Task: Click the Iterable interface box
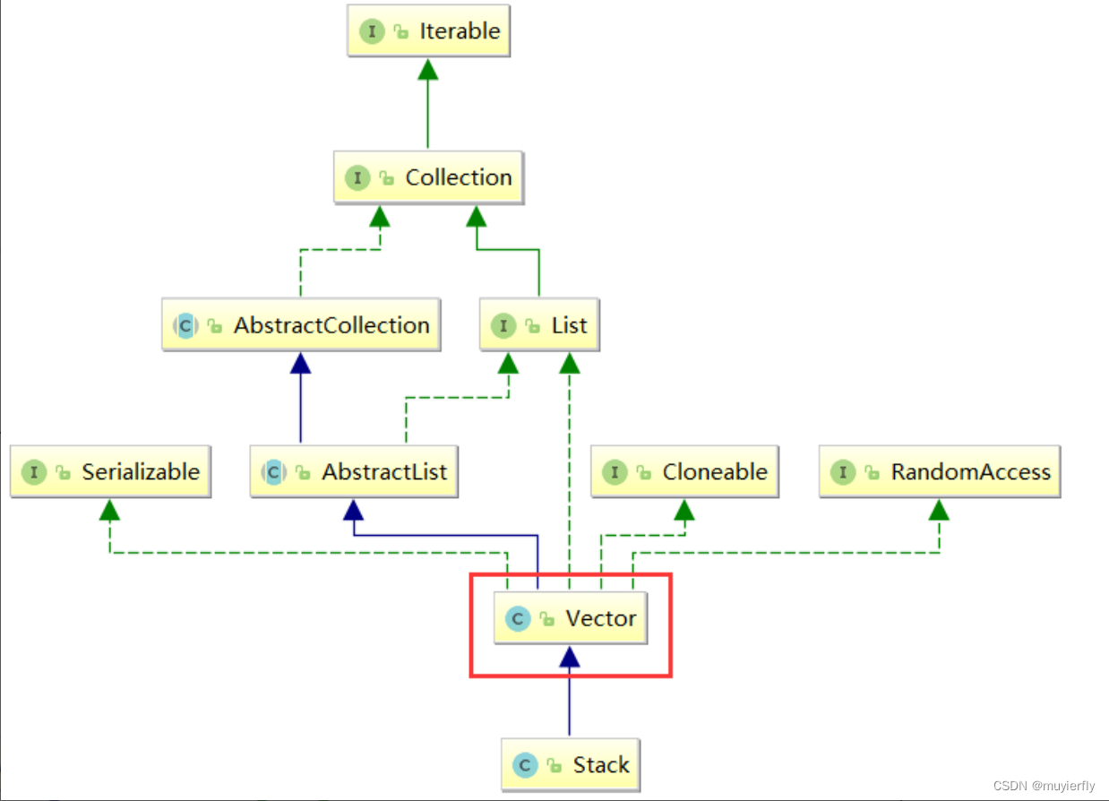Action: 428,31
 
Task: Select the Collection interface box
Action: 428,178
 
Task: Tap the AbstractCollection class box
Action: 301,325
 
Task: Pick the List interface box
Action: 539,325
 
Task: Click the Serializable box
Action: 111,472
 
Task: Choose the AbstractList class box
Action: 354,472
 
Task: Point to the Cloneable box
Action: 684,472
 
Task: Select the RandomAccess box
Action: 940,472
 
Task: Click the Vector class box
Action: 570,619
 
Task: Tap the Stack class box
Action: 570,766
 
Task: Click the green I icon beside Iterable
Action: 373,31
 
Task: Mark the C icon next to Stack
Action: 525,766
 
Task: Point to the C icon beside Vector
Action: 517,619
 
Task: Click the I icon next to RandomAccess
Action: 843,472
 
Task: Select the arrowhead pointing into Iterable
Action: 428,69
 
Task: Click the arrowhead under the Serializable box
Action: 110,510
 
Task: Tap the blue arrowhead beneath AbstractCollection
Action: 301,363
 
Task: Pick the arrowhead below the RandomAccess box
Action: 939,510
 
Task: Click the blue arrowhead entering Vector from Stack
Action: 570,657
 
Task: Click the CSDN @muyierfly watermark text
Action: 1044,787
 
